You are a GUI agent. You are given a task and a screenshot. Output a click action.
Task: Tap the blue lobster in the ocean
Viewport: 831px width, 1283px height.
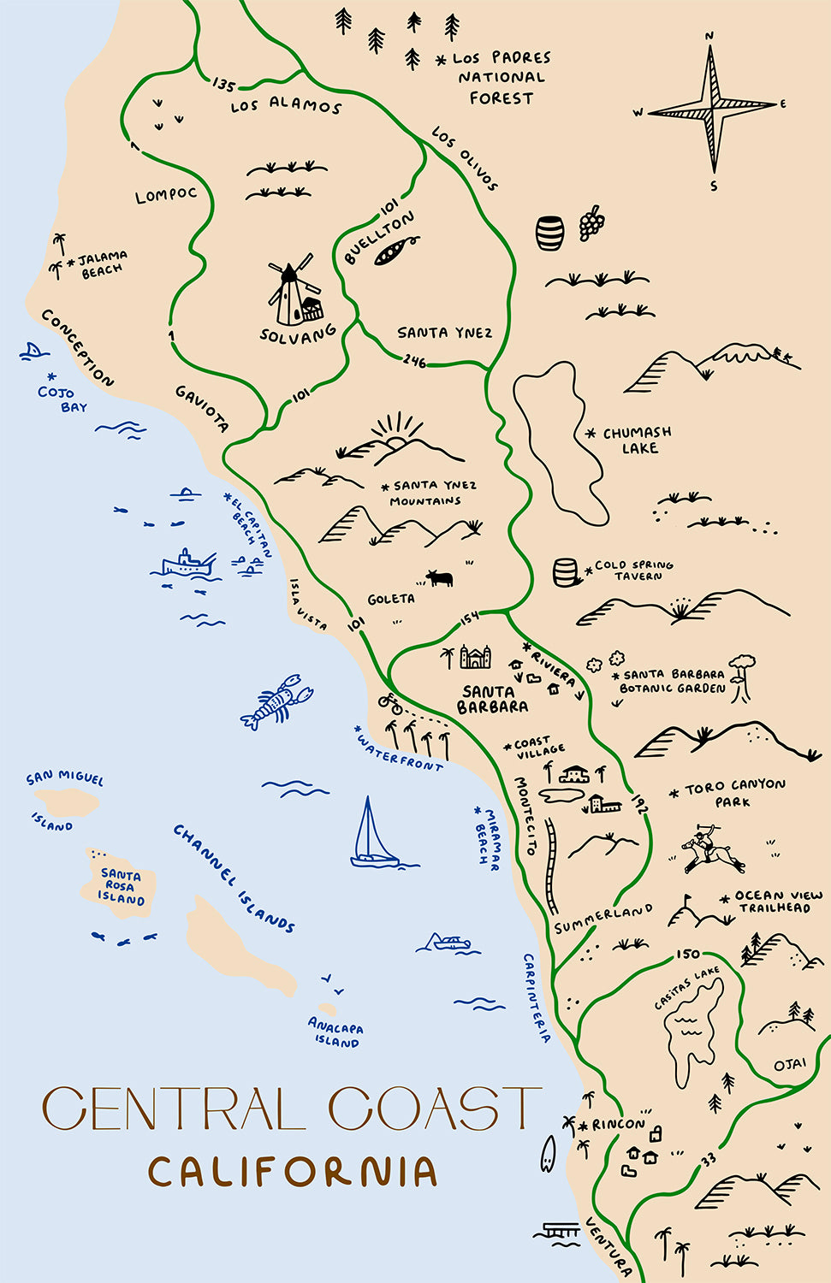point(276,702)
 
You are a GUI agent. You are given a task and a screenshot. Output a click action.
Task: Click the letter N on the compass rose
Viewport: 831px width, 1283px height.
point(709,36)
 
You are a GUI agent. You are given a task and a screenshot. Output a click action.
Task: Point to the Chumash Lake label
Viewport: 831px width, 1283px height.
point(638,440)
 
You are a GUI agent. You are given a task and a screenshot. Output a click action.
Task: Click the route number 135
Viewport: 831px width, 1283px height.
point(223,85)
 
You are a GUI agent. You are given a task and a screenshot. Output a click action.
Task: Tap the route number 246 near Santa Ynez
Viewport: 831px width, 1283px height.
point(414,361)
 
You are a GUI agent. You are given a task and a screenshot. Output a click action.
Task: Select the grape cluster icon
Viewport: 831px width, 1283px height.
point(591,222)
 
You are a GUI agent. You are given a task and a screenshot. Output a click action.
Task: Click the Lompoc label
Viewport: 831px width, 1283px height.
point(166,195)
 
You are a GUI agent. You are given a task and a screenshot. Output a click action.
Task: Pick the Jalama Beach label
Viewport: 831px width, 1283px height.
point(102,263)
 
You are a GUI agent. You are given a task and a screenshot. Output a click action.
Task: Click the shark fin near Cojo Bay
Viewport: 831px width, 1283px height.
point(32,350)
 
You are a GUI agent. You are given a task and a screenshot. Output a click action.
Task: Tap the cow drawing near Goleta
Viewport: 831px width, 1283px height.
point(440,578)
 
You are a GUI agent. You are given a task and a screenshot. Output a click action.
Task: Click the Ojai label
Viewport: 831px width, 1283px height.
point(789,1065)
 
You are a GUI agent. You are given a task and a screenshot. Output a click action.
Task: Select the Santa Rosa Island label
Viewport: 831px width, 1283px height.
point(121,887)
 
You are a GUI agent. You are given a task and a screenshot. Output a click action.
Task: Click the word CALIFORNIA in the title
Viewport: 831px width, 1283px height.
point(292,1172)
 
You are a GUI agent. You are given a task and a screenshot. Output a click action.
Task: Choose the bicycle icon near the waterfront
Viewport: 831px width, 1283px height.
point(390,703)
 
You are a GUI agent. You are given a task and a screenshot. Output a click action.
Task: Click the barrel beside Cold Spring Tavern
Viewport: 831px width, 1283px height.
point(566,572)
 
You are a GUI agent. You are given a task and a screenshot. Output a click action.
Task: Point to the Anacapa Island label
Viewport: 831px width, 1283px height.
point(335,1035)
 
